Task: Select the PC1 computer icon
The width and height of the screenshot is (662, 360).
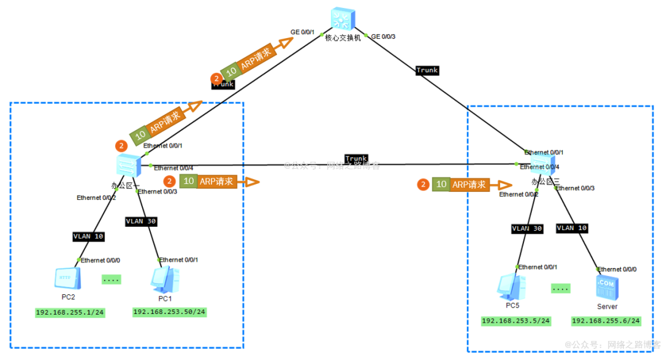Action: point(165,280)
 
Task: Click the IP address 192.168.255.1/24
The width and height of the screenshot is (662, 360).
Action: point(70,313)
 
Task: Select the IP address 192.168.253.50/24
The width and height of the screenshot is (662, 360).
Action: point(170,312)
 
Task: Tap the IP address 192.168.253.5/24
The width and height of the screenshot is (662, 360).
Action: point(516,321)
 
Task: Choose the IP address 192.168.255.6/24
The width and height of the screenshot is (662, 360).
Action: point(606,321)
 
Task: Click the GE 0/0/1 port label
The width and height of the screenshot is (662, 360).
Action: point(303,33)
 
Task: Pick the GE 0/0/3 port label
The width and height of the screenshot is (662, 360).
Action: point(384,37)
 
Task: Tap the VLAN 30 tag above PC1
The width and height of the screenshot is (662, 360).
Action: point(141,221)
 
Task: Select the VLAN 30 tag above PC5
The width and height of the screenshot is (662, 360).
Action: point(527,228)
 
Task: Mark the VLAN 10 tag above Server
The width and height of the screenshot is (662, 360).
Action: point(572,228)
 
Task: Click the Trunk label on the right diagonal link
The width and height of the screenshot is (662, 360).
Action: point(427,71)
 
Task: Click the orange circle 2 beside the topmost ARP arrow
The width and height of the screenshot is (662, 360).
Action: point(216,79)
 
